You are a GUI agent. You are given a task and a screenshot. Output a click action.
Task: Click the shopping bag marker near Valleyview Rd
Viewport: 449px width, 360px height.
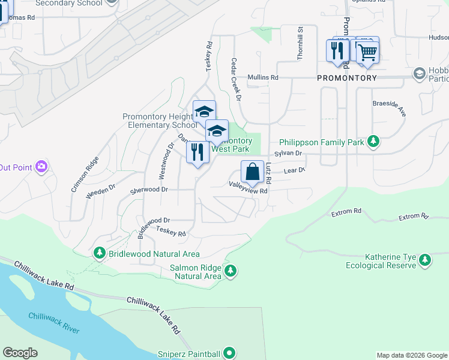click(252, 172)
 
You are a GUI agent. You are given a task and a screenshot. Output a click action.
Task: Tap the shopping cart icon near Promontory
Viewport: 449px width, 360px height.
click(367, 53)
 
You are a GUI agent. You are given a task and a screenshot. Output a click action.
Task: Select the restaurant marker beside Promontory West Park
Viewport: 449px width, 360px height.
click(197, 152)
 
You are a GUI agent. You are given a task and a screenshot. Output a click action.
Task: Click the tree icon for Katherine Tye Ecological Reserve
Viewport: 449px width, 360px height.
click(426, 260)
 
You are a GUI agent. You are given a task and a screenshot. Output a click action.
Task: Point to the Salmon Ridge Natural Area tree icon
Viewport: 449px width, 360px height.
click(230, 272)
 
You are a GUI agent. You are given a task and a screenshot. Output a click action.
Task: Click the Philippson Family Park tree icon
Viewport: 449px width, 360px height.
click(373, 142)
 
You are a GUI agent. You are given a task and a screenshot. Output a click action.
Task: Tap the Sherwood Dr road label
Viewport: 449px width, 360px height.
click(149, 190)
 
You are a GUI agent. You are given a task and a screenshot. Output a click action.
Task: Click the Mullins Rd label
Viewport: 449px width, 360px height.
click(263, 77)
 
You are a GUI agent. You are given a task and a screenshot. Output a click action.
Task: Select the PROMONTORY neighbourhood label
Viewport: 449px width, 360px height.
click(347, 78)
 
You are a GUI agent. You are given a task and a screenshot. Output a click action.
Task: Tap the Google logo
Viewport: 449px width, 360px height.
click(20, 353)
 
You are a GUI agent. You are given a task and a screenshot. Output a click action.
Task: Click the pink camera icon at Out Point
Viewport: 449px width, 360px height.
click(41, 166)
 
